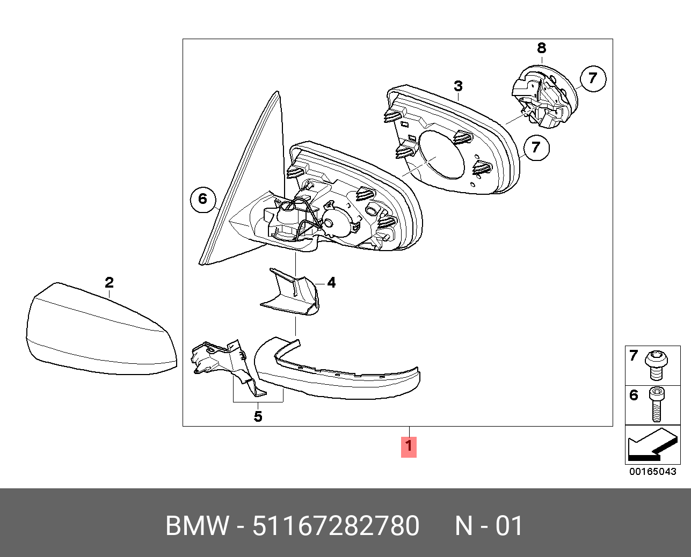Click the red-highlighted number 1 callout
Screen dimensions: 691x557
point(409,446)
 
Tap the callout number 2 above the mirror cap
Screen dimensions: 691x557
point(109,282)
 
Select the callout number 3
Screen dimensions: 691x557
point(458,86)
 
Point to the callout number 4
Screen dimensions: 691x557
point(331,282)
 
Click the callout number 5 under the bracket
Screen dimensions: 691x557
point(258,416)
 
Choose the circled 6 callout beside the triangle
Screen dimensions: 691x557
point(202,199)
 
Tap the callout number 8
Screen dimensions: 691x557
point(541,48)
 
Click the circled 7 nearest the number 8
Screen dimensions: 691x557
point(592,78)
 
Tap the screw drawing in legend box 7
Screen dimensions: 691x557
point(657,364)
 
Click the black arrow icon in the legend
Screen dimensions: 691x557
point(652,446)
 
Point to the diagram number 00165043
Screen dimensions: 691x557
point(653,472)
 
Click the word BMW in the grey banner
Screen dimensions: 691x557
point(197,526)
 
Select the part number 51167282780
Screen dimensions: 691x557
point(336,526)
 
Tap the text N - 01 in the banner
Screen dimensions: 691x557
point(489,526)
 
